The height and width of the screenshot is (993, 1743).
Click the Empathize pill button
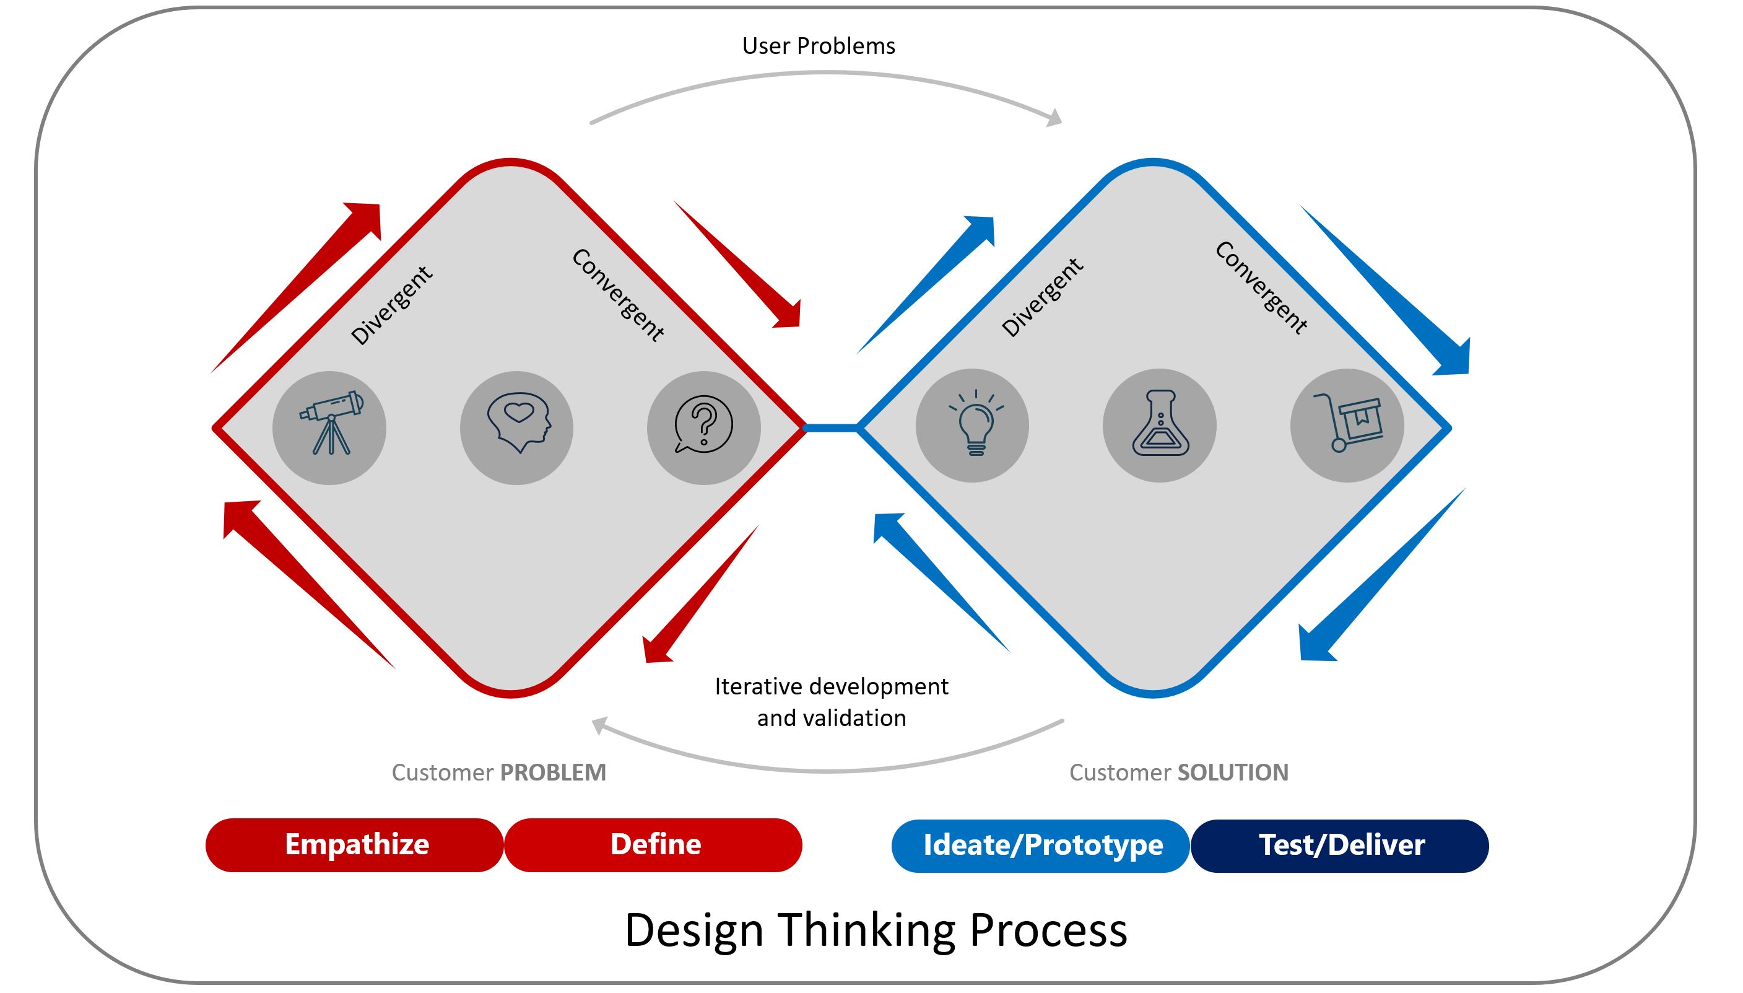[355, 845]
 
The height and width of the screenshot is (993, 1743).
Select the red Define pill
[654, 845]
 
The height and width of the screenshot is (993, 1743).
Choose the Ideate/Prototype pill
[1041, 846]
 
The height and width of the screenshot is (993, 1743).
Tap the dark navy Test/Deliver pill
[1339, 846]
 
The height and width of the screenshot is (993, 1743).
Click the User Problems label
[818, 46]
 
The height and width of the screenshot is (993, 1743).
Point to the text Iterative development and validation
[831, 702]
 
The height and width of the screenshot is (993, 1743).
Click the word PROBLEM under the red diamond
[553, 772]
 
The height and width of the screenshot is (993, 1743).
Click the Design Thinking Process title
[876, 930]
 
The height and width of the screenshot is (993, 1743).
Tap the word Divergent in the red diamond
[391, 305]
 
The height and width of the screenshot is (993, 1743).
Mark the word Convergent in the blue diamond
[1261, 288]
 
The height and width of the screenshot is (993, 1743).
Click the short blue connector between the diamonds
[832, 427]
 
